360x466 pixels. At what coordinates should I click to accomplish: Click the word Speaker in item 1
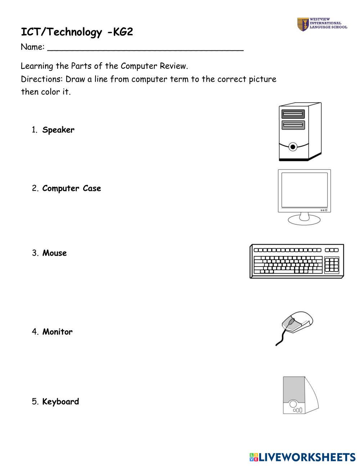pyautogui.click(x=58, y=130)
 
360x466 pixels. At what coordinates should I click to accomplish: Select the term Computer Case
pyautogui.click(x=71, y=188)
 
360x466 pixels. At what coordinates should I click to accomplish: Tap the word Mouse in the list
pyautogui.click(x=54, y=253)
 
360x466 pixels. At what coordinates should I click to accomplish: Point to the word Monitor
pyautogui.click(x=57, y=332)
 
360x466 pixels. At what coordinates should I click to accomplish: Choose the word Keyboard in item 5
pyautogui.click(x=60, y=402)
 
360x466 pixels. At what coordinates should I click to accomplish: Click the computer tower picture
pyautogui.click(x=300, y=132)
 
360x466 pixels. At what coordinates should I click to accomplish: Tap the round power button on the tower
pyautogui.click(x=293, y=147)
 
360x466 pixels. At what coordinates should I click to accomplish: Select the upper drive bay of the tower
pyautogui.click(x=292, y=114)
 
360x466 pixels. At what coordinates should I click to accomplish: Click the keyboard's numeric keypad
pyautogui.click(x=332, y=265)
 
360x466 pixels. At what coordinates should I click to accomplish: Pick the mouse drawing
pyautogui.click(x=297, y=322)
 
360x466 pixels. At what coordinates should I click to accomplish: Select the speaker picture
pyautogui.click(x=300, y=395)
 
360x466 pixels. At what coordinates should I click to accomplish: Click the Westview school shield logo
pyautogui.click(x=302, y=24)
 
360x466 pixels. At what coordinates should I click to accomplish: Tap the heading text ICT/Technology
pyautogui.click(x=61, y=32)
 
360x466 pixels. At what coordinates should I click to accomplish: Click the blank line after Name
pyautogui.click(x=145, y=49)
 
